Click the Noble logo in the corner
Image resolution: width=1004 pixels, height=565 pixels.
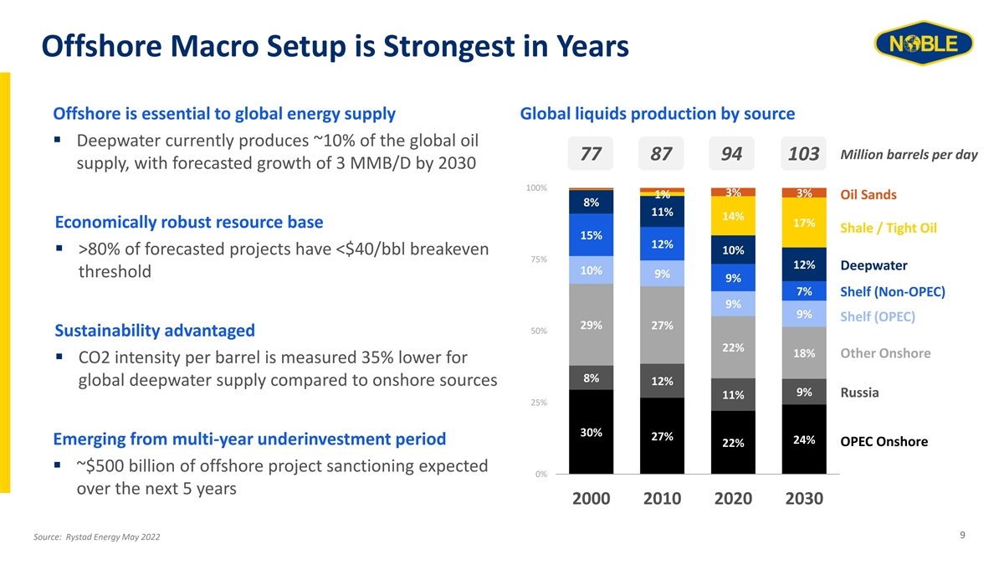923,44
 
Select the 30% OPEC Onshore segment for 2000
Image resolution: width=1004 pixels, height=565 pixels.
591,432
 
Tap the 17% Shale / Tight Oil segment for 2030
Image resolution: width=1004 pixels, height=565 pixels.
804,223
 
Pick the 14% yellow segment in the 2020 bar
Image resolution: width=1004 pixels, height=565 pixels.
733,216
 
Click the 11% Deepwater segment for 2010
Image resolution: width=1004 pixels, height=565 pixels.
662,211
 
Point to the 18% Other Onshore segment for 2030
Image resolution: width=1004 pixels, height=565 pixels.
804,353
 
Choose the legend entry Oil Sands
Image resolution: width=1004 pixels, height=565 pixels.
868,195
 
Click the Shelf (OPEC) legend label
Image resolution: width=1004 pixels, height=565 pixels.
878,316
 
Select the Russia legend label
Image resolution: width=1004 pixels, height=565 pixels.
859,393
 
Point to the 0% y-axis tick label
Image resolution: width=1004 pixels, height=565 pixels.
540,475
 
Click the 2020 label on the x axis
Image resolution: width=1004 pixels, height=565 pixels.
733,499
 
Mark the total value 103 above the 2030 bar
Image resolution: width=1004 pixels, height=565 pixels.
803,156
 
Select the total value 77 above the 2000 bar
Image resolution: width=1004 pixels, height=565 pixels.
591,156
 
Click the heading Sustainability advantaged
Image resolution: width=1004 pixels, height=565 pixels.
154,331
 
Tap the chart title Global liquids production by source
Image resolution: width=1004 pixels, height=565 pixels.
657,113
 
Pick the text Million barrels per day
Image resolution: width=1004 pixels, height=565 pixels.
908,156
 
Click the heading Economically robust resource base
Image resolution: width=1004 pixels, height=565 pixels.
188,223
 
